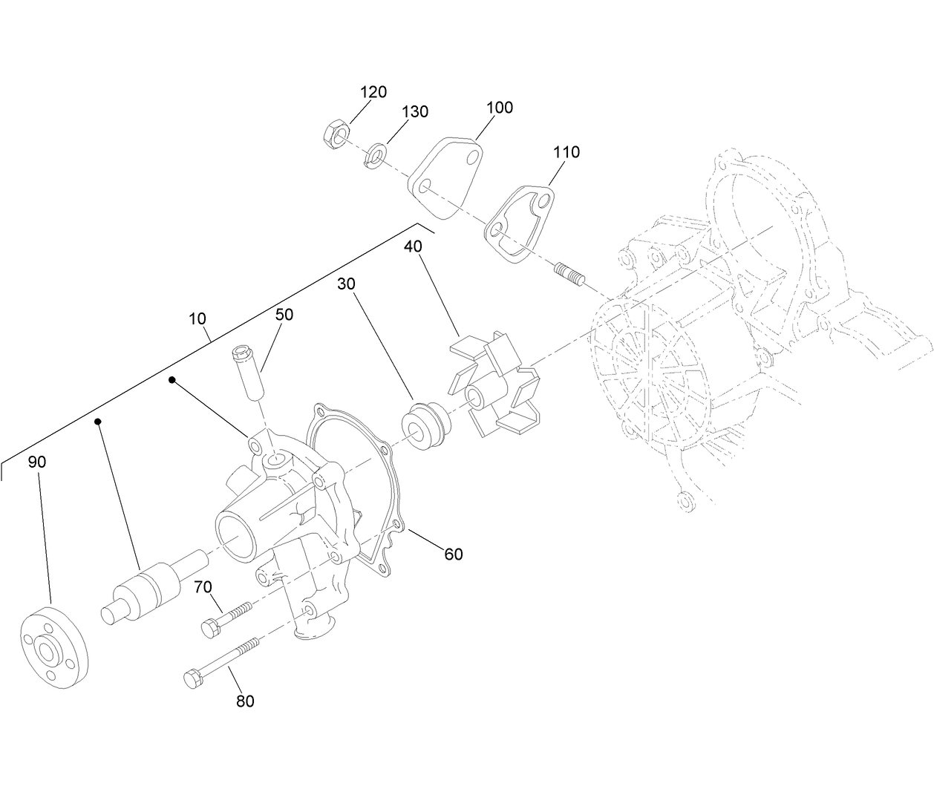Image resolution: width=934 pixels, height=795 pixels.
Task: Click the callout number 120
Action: [373, 92]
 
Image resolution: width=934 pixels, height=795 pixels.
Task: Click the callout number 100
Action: [500, 108]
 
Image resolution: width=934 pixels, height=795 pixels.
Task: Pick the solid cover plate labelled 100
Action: [445, 176]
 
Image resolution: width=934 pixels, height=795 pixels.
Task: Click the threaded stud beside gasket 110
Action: [570, 274]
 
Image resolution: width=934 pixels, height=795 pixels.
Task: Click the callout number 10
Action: [197, 319]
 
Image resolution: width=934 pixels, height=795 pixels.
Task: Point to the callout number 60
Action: [453, 554]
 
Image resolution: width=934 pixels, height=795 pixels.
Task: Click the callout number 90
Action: [37, 462]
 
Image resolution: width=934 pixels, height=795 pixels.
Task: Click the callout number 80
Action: [245, 701]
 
